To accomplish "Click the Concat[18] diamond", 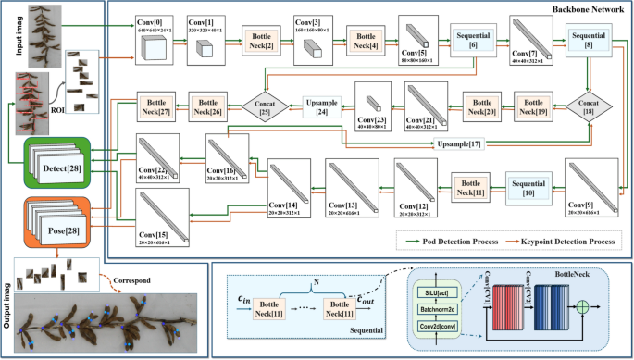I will click(587, 105).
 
